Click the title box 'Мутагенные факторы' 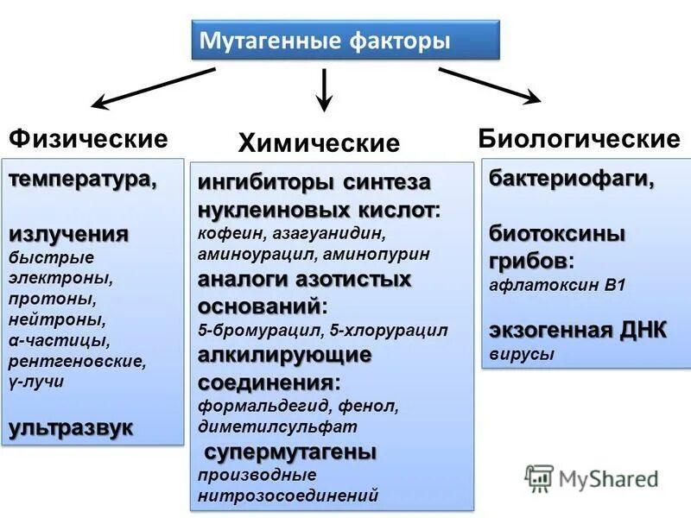pyautogui.click(x=345, y=41)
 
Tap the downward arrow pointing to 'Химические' pyautogui.click(x=324, y=90)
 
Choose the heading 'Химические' pyautogui.click(x=319, y=143)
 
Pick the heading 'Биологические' pyautogui.click(x=580, y=139)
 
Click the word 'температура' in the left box pyautogui.click(x=82, y=180)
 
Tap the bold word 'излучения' pyautogui.click(x=69, y=234)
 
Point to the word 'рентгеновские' pyautogui.click(x=77, y=362)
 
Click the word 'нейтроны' pyautogui.click(x=57, y=319)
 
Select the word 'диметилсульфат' pyautogui.click(x=277, y=426)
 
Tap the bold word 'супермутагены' pyautogui.click(x=289, y=452)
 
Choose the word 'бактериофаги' pyautogui.click(x=571, y=180)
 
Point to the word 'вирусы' pyautogui.click(x=522, y=354)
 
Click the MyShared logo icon pyautogui.click(x=539, y=477)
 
